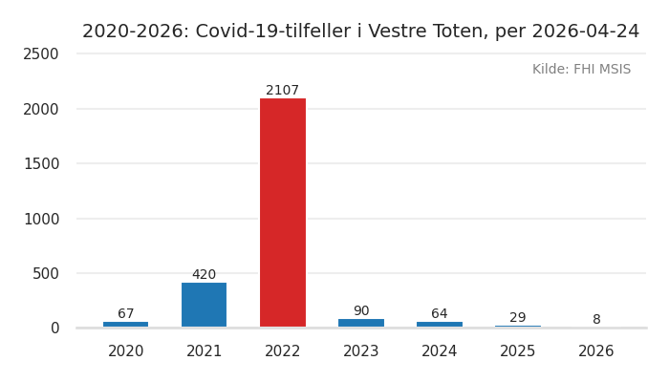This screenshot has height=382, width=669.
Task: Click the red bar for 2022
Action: pyautogui.click(x=283, y=212)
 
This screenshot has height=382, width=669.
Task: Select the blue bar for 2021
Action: pyautogui.click(x=205, y=305)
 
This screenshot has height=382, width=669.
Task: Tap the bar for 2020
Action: pyautogui.click(x=126, y=325)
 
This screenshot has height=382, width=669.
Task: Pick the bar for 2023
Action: pyautogui.click(x=361, y=323)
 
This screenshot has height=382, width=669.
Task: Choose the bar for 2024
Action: pyautogui.click(x=440, y=325)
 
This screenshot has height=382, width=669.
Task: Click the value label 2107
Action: pyautogui.click(x=283, y=91)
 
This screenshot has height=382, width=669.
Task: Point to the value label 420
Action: pyautogui.click(x=205, y=275)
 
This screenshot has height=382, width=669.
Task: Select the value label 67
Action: pyautogui.click(x=126, y=314)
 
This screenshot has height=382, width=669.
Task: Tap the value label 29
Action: pyautogui.click(x=518, y=318)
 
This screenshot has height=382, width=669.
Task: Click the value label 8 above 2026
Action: pyautogui.click(x=596, y=320)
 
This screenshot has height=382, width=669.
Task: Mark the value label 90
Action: pyautogui.click(x=361, y=311)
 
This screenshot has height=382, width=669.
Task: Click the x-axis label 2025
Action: pyautogui.click(x=518, y=351)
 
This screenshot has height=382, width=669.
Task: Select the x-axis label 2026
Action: pyautogui.click(x=596, y=351)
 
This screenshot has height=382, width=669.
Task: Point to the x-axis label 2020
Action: pyautogui.click(x=126, y=351)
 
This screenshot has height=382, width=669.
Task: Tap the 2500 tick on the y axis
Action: pyautogui.click(x=41, y=54)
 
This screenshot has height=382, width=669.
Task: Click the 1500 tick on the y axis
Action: pyautogui.click(x=41, y=163)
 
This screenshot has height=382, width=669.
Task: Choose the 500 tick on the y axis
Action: pyautogui.click(x=46, y=273)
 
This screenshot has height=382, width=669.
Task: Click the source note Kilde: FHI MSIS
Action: pyautogui.click(x=581, y=70)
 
